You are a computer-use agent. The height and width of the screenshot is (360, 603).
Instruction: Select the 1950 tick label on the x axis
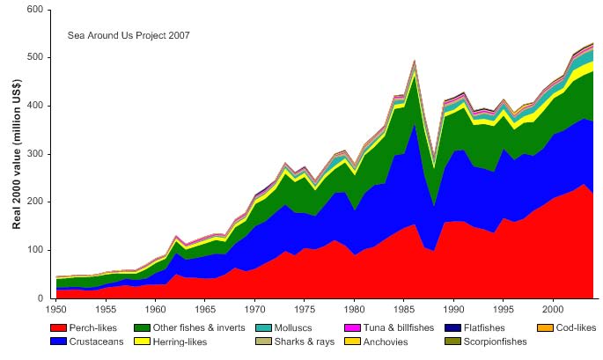click(x=55, y=310)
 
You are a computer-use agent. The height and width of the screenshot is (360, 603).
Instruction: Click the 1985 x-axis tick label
click(x=404, y=310)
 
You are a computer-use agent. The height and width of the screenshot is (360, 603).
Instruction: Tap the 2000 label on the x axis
click(x=553, y=310)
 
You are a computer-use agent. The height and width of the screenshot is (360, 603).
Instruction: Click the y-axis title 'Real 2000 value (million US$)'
click(x=17, y=154)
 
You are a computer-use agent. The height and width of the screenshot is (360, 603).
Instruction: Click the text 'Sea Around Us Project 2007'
click(x=129, y=36)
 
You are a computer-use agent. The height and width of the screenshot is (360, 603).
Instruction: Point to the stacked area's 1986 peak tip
click(x=415, y=61)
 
